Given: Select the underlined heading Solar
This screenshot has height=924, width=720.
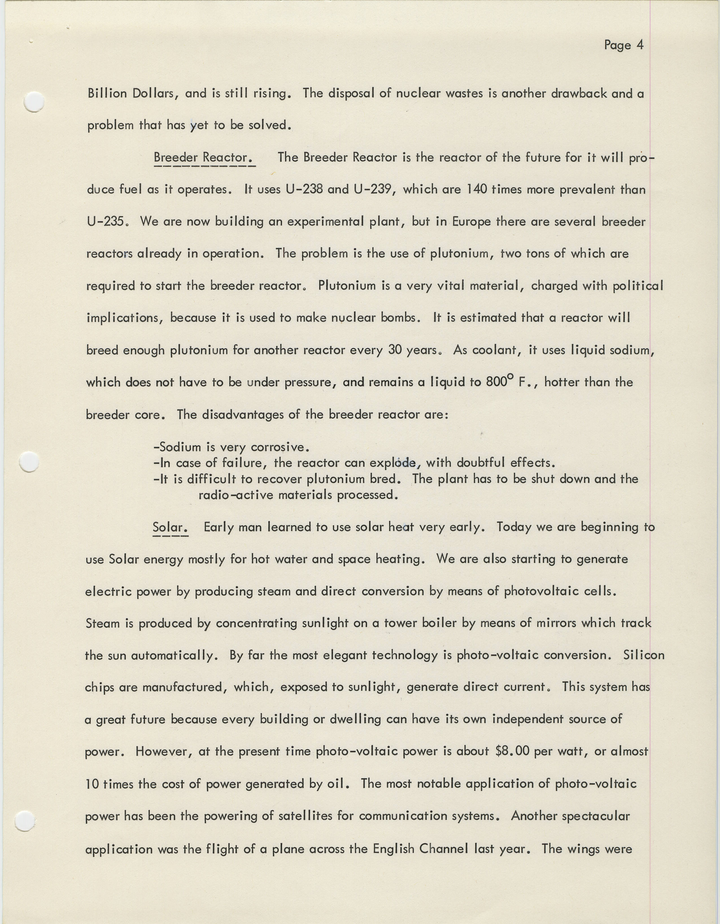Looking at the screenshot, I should pyautogui.click(x=170, y=527).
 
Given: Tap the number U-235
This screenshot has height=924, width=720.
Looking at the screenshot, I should pyautogui.click(x=106, y=221).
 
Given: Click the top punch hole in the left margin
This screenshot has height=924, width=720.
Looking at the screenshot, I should pyautogui.click(x=34, y=102).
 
